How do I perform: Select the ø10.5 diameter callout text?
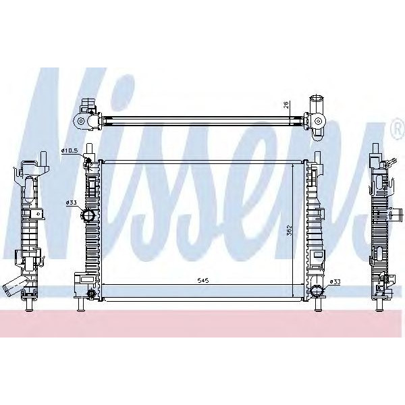[x=70, y=150]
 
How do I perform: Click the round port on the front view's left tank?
[x=87, y=216]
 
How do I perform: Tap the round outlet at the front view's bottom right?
[x=317, y=291]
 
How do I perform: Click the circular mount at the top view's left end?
[x=81, y=122]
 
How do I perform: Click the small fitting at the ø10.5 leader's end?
[x=87, y=160]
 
